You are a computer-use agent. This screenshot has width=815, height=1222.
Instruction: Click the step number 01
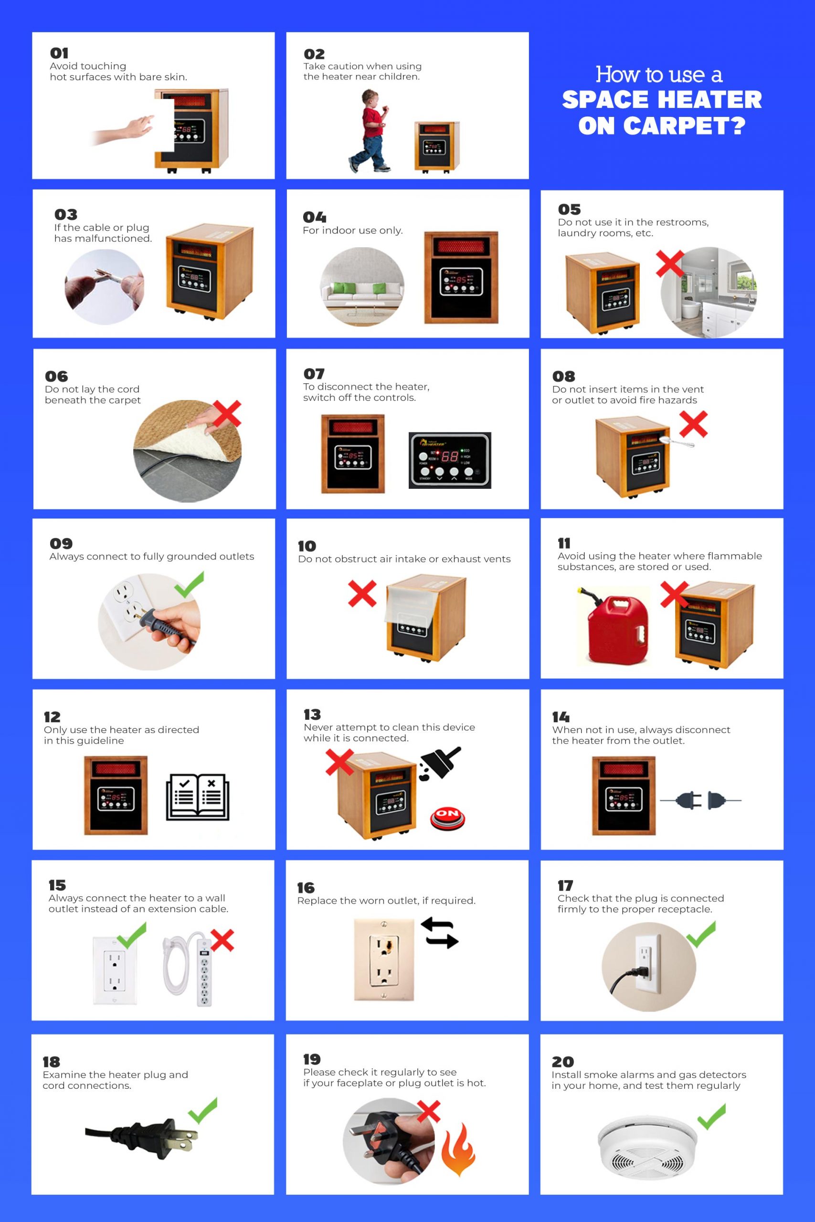pos(59,53)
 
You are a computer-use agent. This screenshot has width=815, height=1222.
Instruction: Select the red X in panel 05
pos(670,264)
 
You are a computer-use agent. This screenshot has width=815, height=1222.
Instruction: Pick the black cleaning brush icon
pos(441,763)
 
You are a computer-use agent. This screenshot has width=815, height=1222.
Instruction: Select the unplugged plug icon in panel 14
pos(700,801)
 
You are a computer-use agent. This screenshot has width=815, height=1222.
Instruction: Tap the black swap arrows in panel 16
pos(440,933)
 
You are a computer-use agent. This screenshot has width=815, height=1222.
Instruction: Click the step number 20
pos(562,1062)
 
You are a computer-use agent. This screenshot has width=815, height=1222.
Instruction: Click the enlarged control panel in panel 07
pos(450,460)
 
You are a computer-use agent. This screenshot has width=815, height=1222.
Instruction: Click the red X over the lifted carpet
pos(227,413)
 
